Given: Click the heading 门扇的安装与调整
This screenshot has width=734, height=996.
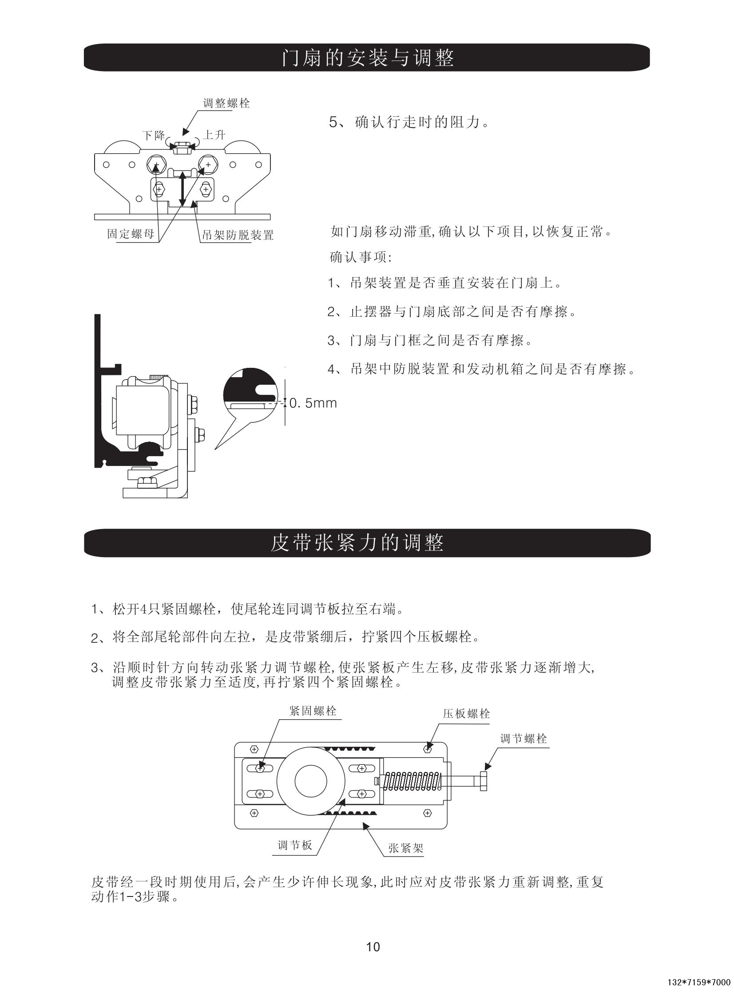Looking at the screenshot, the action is point(368,58).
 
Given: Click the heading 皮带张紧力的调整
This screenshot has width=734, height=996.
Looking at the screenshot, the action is point(357,543).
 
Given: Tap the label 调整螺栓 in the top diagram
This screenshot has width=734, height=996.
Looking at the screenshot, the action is point(226,104).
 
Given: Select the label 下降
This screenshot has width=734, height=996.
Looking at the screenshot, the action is point(153,135).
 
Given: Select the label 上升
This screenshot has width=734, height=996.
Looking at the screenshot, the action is point(214,135).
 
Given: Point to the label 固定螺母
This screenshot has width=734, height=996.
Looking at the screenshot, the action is point(131,233).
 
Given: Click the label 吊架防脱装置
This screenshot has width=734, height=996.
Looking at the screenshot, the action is point(238,235).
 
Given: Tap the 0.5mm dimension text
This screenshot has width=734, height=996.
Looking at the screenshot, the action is point(313,403).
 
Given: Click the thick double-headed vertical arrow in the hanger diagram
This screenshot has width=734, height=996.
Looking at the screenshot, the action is point(182,189).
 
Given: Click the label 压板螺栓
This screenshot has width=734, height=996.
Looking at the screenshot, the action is point(466,714).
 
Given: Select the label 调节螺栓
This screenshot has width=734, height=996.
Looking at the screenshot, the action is point(524,739).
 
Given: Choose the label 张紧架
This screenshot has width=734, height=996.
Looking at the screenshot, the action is point(406,848).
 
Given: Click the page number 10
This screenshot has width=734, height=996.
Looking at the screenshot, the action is point(373,947).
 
